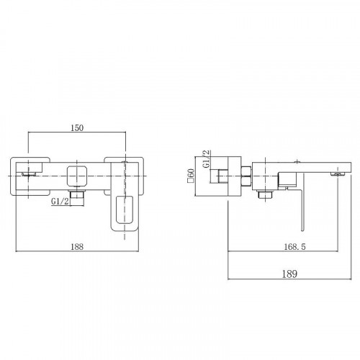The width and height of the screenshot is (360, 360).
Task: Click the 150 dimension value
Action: pyautogui.click(x=77, y=128)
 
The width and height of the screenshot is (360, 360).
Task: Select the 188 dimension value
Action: pyautogui.click(x=77, y=246)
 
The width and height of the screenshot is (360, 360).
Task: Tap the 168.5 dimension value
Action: pyautogui.click(x=294, y=246)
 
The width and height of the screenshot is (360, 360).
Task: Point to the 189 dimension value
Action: pyautogui.click(x=289, y=274)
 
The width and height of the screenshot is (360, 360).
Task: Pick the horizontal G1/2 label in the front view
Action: pyautogui.click(x=60, y=202)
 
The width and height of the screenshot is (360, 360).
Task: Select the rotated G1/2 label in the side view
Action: pyautogui.click(x=206, y=159)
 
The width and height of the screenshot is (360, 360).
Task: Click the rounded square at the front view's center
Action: pyautogui.click(x=76, y=176)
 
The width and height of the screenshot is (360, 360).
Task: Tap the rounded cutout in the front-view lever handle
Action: pyautogui.click(x=125, y=210)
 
